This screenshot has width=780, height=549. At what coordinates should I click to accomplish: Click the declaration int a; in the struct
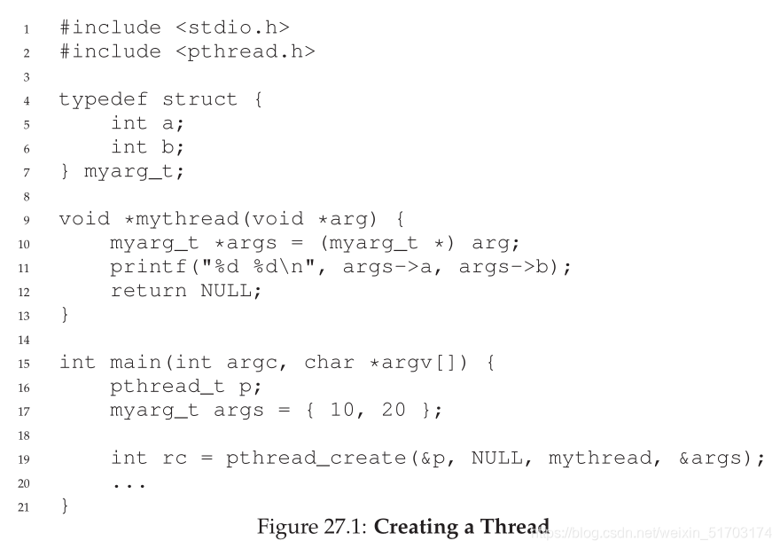point(148,123)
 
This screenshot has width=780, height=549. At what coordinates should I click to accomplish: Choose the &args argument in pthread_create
point(714,459)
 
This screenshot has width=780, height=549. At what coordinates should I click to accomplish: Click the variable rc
point(174,459)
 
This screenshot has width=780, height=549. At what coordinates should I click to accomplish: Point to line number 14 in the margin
point(24,340)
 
